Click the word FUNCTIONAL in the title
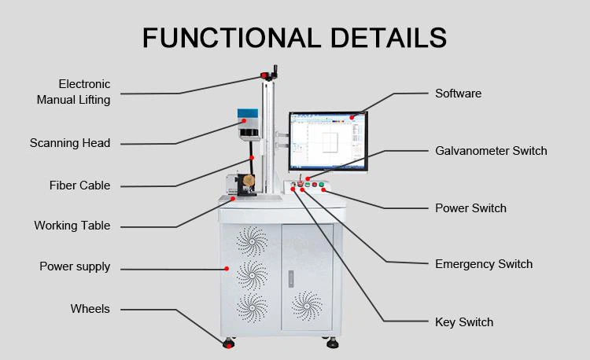point(231,38)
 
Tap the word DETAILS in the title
point(389,38)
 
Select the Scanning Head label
point(70,143)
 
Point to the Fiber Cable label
point(79,186)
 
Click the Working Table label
point(72,225)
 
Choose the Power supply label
point(75,266)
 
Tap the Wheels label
point(90,309)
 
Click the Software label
point(459,94)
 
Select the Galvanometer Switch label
point(491,151)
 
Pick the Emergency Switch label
point(484,264)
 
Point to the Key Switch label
point(464,322)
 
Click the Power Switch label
point(470,208)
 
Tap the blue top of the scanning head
point(248,113)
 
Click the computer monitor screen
point(327,141)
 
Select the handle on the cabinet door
point(291,279)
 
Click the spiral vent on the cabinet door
point(307,306)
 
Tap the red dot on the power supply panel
point(227,269)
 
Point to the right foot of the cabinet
point(332,343)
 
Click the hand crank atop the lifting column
point(270,73)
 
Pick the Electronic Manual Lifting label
point(73,92)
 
